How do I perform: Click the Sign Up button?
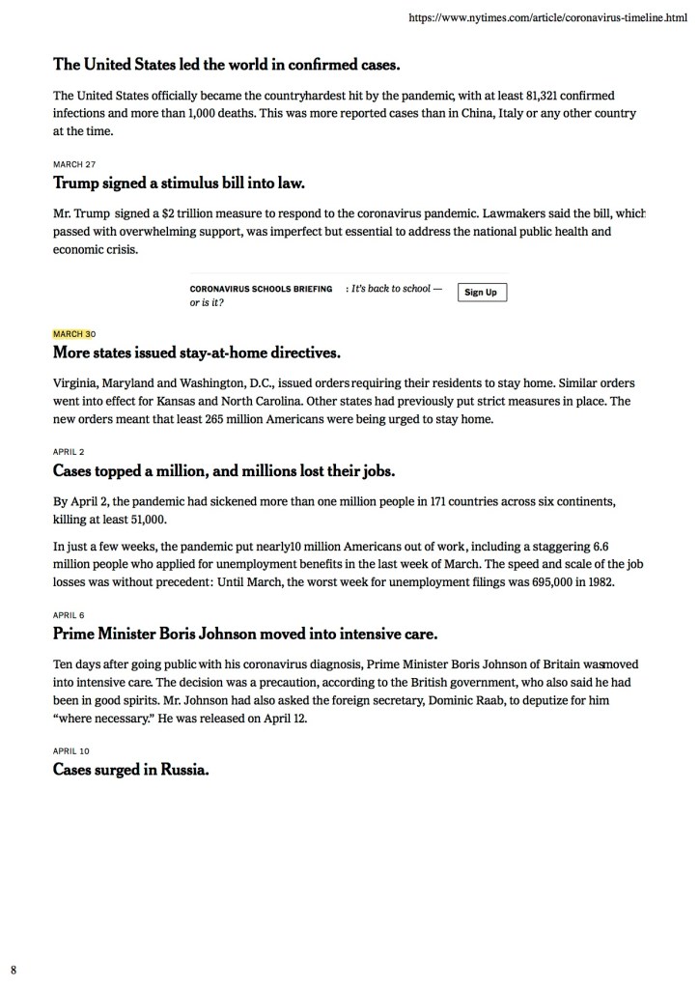pyautogui.click(x=481, y=292)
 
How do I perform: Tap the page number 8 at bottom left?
pyautogui.click(x=14, y=968)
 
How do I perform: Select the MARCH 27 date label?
pyautogui.click(x=74, y=164)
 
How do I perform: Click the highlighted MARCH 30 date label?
pyautogui.click(x=74, y=334)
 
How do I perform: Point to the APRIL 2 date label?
pyautogui.click(x=70, y=451)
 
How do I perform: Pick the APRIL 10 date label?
pyautogui.click(x=72, y=749)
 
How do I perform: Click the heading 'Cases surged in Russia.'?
pyautogui.click(x=131, y=770)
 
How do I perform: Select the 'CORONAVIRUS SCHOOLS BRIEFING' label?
pyautogui.click(x=261, y=289)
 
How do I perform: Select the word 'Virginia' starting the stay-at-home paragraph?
pyautogui.click(x=75, y=382)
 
